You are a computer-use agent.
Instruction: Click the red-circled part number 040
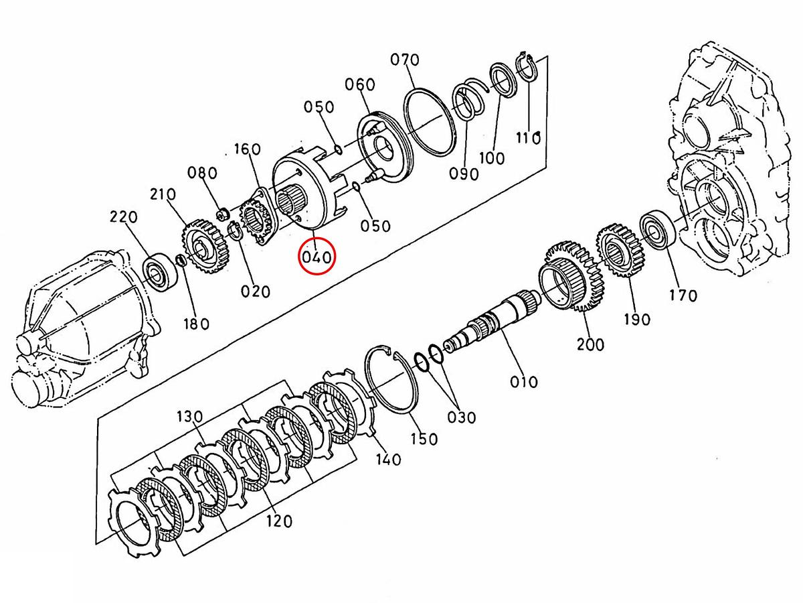(317, 257)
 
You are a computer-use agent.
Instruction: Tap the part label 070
(405, 60)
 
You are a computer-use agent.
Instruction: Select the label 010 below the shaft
(523, 382)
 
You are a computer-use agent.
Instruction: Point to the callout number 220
(124, 217)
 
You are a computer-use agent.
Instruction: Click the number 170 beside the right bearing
(683, 295)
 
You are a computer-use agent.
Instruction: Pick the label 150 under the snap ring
(424, 438)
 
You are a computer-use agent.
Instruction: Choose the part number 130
(189, 417)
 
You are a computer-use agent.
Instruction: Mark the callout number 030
(462, 417)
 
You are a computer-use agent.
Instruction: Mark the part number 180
(196, 324)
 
